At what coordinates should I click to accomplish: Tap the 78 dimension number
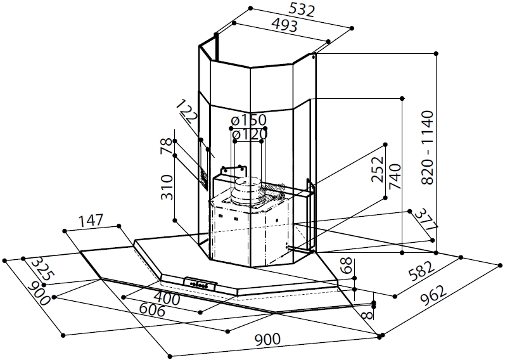pos(166,146)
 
